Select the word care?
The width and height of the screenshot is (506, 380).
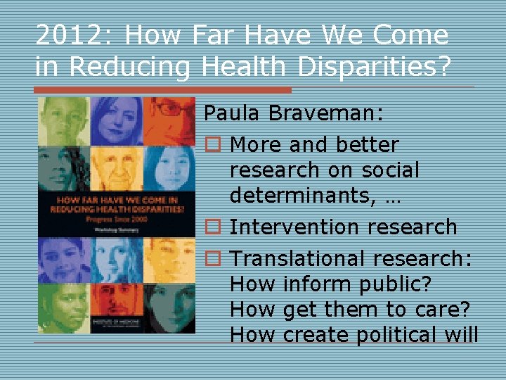(x=447, y=310)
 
